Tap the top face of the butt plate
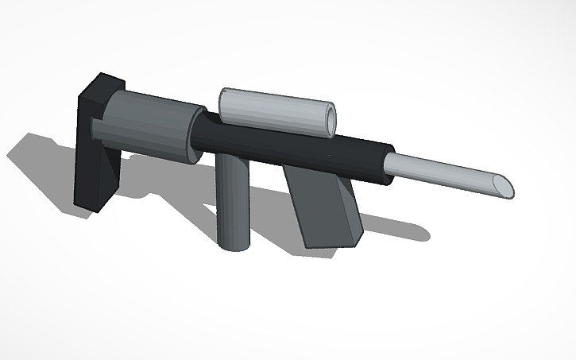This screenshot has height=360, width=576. pyautogui.click(x=103, y=83)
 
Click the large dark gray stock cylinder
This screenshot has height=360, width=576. pyautogui.click(x=147, y=123)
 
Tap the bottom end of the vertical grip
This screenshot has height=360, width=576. pyautogui.click(x=234, y=244)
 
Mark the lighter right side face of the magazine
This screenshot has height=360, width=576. pyautogui.click(x=350, y=211)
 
